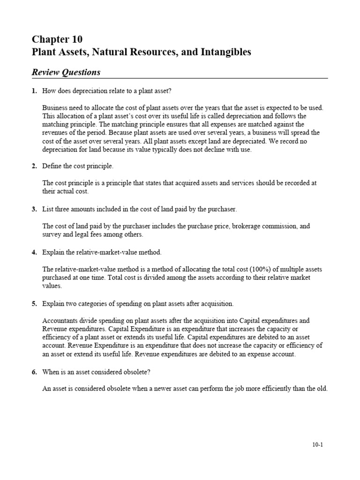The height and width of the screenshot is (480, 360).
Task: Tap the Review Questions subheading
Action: (x=66, y=72)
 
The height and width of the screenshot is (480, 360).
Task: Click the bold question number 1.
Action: (x=34, y=90)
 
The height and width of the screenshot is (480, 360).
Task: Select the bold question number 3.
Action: (x=34, y=209)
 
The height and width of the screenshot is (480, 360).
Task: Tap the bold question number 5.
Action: (x=34, y=304)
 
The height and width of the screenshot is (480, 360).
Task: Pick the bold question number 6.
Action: (x=34, y=372)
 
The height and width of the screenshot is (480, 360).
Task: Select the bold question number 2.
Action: (x=34, y=166)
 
